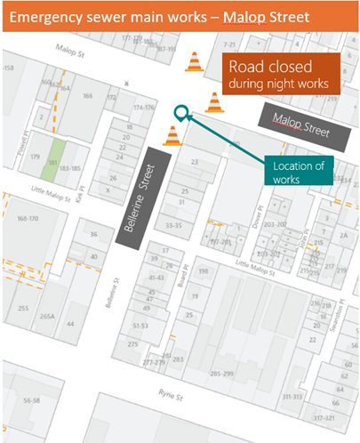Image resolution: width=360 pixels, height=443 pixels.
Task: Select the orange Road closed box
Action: pos(279,74)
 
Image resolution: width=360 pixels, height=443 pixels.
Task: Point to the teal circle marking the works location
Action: pos(181,113)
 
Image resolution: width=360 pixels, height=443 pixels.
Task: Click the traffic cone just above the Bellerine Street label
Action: pos(172,135)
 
